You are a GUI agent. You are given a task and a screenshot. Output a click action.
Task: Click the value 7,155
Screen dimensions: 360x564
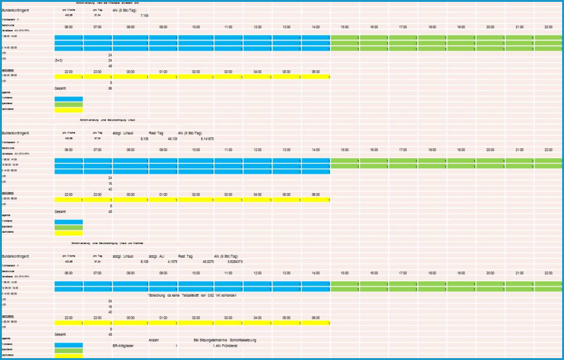tap(145, 15)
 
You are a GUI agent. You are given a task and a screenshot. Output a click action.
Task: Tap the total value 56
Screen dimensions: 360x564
tap(110, 88)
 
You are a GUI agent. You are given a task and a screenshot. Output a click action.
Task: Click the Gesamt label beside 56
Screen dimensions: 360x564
tap(61, 88)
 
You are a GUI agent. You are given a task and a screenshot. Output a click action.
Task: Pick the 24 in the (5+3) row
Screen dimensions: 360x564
tap(110, 60)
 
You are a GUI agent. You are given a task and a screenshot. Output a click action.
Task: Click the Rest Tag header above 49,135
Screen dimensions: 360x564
tap(155, 134)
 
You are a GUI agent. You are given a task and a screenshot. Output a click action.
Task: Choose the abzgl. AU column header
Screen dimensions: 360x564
tap(156, 257)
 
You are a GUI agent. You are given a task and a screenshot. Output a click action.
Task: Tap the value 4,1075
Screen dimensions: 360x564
tap(157, 262)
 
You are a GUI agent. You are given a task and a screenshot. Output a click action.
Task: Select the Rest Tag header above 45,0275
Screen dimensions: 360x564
tap(187, 257)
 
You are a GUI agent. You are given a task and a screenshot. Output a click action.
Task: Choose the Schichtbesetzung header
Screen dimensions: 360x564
tap(243, 340)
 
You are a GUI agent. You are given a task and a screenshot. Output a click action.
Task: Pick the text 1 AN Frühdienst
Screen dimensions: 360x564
tap(228, 346)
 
